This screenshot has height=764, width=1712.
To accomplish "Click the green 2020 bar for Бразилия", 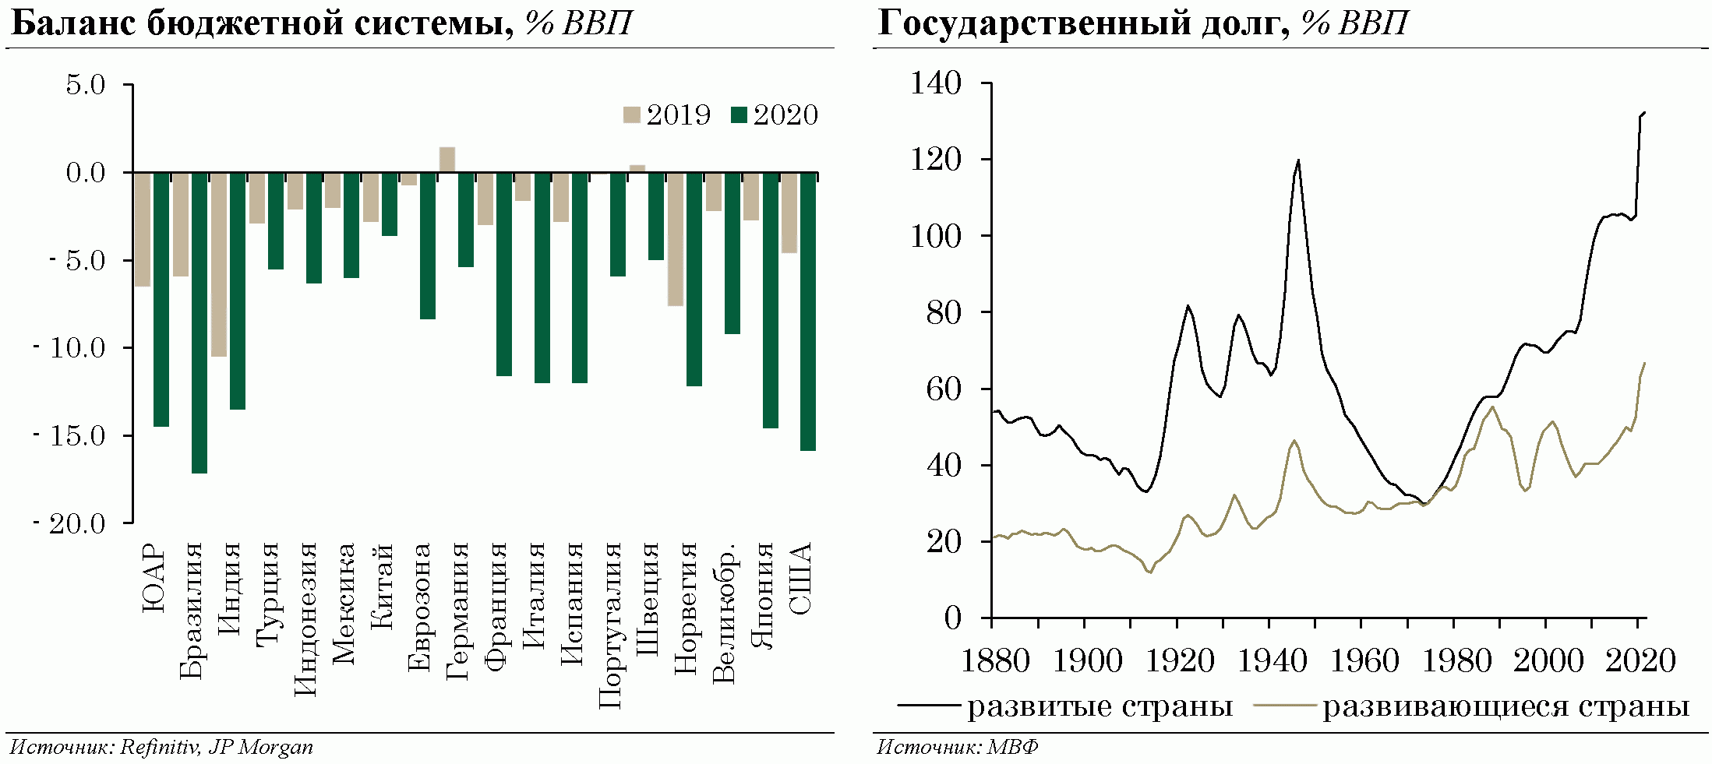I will coord(199,322).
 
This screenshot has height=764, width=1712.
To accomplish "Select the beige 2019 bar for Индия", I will coord(219,265).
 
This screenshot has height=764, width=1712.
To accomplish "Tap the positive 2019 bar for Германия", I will coord(447,160).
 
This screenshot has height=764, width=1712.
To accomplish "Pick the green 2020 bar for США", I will coord(808,312).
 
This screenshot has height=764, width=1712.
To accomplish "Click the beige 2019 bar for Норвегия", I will coord(676,239).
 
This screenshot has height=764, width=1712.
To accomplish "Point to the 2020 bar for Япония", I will coord(770,300).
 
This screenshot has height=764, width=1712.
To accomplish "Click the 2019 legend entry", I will coord(667,115).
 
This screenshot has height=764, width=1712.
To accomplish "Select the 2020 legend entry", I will coord(775,115).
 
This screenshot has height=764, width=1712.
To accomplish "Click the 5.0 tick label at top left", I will coord(85,85).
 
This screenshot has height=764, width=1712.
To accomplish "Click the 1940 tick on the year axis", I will coord(1271,661).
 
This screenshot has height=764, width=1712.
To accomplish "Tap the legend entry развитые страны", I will coord(1066,706).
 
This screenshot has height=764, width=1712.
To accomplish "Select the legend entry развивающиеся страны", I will coord(1471,706).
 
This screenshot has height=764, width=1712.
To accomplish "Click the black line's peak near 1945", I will coord(1298,160).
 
